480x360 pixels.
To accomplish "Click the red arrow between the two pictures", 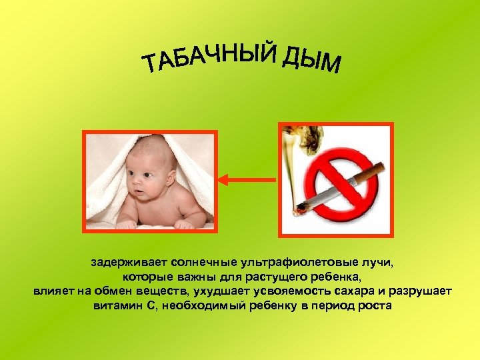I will pyautogui.click(x=247, y=179).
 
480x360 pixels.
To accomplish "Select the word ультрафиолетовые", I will pyautogui.click(x=297, y=263).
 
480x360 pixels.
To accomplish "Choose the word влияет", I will pyautogui.click(x=54, y=292).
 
